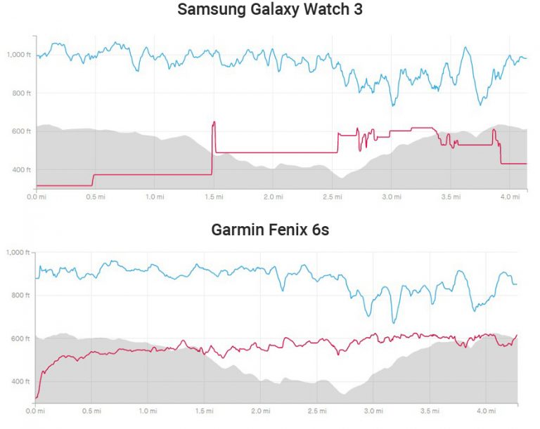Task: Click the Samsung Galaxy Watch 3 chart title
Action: click(269, 10)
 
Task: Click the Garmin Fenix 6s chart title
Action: click(269, 230)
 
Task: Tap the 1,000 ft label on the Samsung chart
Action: click(19, 55)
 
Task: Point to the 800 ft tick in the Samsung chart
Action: click(22, 93)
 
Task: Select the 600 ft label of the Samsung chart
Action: click(22, 131)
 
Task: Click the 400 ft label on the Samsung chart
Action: click(22, 170)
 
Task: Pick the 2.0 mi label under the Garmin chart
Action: click(261, 410)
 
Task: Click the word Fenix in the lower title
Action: click(283, 230)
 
